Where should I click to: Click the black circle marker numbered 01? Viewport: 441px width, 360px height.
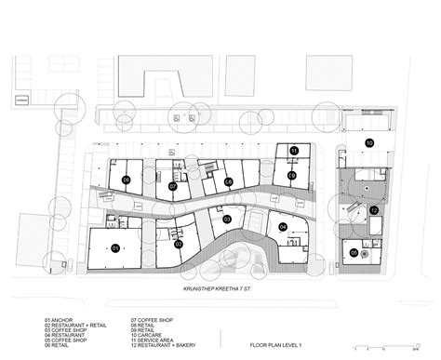pyautogui.click(x=115, y=248)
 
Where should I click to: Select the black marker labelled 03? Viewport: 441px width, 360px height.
pyautogui.click(x=226, y=220)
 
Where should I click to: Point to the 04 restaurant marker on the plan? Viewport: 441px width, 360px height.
pyautogui.click(x=283, y=226)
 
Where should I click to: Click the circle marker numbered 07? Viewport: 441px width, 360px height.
pyautogui.click(x=172, y=186)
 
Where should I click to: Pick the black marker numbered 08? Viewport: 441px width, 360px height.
pyautogui.click(x=229, y=183)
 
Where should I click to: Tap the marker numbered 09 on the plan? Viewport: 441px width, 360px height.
pyautogui.click(x=291, y=175)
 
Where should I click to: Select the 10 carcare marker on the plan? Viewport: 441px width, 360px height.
pyautogui.click(x=369, y=142)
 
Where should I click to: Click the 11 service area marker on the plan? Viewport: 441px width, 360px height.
pyautogui.click(x=293, y=150)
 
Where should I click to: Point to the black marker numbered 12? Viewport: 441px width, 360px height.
pyautogui.click(x=373, y=210)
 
